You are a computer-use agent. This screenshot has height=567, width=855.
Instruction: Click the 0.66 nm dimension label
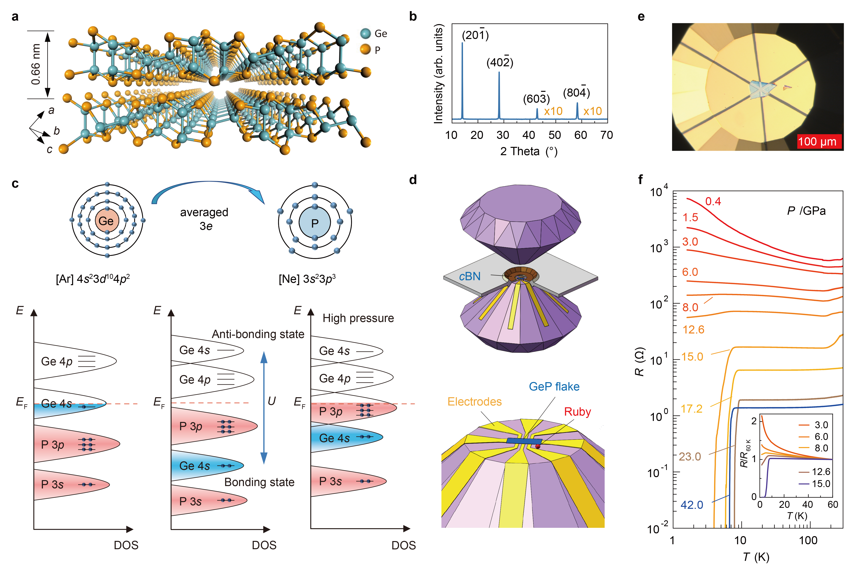[36, 64]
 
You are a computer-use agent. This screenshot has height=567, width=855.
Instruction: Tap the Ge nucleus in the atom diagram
[106, 221]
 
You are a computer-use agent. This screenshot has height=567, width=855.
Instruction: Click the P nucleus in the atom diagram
[314, 223]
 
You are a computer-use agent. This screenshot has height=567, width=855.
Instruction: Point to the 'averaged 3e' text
[205, 219]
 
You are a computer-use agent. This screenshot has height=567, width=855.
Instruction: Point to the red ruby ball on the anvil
[538, 447]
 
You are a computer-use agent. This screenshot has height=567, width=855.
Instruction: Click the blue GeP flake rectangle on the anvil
[524, 441]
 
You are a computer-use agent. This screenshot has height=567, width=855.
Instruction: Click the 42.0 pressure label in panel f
[692, 505]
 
